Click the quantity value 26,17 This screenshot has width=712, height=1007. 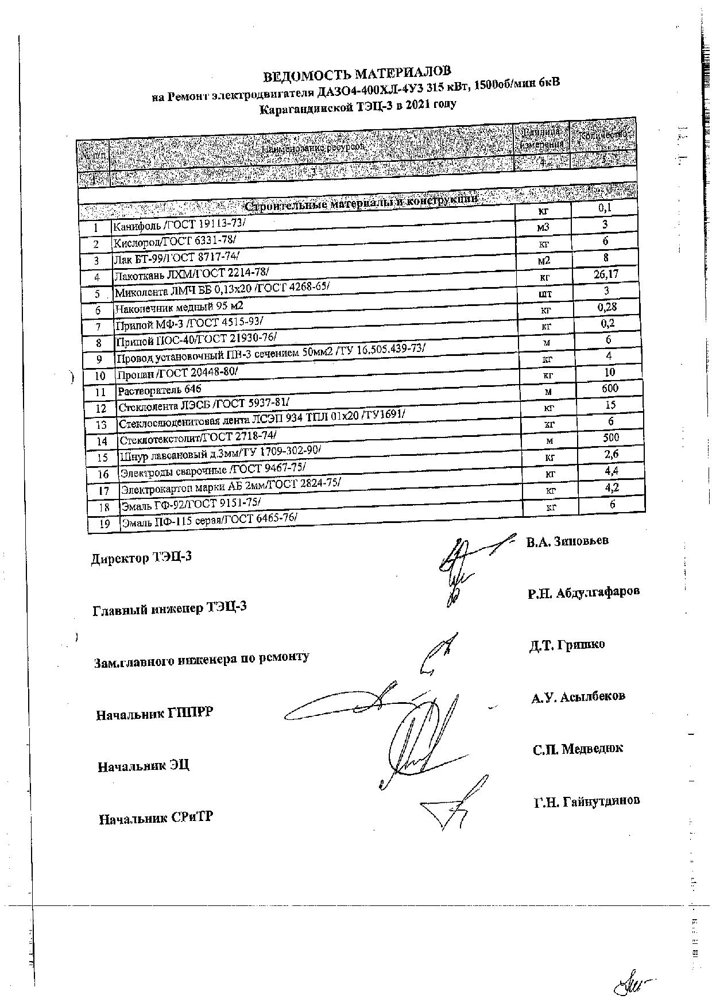point(606,274)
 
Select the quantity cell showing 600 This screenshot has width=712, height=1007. point(610,389)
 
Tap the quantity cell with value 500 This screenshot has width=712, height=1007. point(610,437)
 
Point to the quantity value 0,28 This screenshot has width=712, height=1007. point(607,307)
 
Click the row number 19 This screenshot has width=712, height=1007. point(105,524)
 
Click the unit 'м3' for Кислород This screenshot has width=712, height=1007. point(543,228)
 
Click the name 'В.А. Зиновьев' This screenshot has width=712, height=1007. point(567,541)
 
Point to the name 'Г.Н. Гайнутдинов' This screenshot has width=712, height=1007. point(586,800)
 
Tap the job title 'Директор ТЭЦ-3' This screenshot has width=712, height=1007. point(141,557)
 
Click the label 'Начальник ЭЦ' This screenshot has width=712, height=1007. point(143,766)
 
